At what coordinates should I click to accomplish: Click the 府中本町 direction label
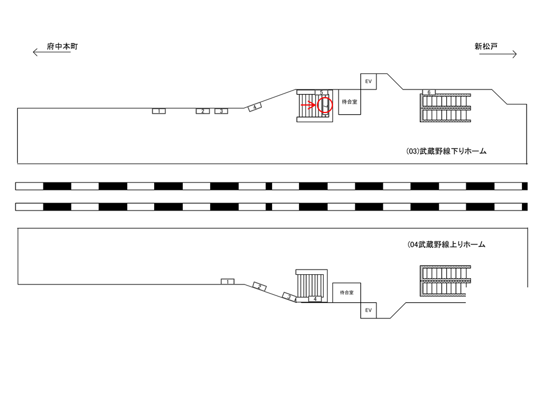[62, 46]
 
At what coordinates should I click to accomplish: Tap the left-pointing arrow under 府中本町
[54, 53]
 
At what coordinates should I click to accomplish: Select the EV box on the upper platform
[368, 81]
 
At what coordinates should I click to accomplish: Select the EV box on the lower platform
[368, 310]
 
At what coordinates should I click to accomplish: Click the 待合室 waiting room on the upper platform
[349, 102]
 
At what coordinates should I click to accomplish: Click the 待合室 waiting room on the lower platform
[347, 292]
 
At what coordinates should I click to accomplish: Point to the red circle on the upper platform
[324, 106]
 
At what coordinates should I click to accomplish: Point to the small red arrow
[309, 104]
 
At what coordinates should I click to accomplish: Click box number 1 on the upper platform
[159, 111]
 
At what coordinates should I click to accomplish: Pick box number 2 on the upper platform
[203, 111]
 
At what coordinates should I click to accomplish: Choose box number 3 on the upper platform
[221, 111]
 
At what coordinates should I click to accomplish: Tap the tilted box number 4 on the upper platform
[254, 107]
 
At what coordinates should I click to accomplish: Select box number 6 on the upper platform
[429, 92]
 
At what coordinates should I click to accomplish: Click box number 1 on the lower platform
[227, 282]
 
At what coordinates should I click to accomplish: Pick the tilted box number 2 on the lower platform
[260, 286]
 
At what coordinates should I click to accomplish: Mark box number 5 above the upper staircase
[321, 92]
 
